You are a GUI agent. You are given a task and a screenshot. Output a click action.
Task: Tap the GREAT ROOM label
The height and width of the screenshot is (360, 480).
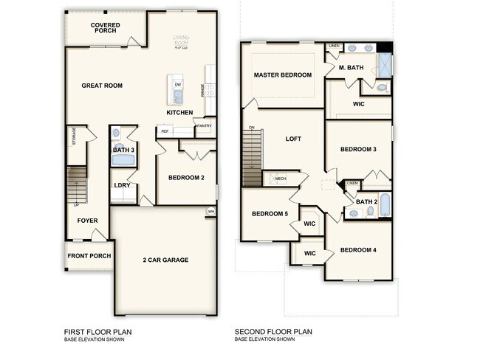102,86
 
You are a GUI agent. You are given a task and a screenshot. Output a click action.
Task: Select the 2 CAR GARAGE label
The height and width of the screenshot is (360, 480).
165,260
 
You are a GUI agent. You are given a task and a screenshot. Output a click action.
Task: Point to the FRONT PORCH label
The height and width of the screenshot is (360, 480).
89,256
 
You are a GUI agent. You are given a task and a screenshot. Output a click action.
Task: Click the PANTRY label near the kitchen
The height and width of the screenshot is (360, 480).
205,126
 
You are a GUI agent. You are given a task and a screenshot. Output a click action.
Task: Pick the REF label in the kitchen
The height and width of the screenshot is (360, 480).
165,131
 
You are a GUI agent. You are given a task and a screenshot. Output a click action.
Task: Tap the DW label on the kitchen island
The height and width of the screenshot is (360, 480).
178,85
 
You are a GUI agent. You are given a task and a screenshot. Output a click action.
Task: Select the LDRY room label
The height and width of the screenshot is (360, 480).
122,185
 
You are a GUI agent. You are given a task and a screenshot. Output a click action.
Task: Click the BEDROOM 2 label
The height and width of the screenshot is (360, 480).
186,178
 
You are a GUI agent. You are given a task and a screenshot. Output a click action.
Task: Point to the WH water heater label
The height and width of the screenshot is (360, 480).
211,212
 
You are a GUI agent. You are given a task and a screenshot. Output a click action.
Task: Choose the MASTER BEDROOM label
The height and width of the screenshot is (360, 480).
283,75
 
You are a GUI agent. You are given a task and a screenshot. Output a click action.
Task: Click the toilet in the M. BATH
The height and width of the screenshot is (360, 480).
381,88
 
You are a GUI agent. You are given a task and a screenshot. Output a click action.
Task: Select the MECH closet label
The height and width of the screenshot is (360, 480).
281,179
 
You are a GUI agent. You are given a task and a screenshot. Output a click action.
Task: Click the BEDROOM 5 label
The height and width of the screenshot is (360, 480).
270,214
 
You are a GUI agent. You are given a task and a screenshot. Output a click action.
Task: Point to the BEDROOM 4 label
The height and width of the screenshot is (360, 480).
358,250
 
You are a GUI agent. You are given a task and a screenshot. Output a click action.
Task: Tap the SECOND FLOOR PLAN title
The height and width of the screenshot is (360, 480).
273,332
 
